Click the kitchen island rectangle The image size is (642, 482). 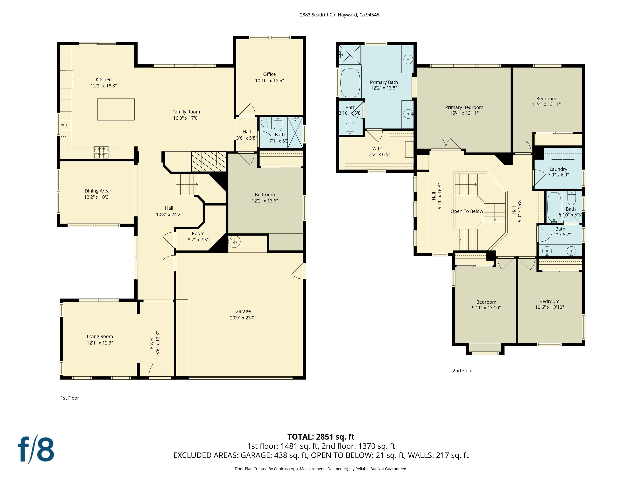pos(116,109)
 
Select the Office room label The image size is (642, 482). pos(269,74)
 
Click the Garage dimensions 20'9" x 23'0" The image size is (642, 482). pos(243,318)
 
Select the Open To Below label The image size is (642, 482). pos(467,211)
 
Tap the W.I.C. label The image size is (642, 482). pos(378,149)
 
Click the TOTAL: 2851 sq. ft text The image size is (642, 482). pos(321,437)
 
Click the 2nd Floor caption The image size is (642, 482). pos(463,370)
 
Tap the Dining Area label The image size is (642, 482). pos(97,191)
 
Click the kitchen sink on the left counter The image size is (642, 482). pos(66,125)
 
